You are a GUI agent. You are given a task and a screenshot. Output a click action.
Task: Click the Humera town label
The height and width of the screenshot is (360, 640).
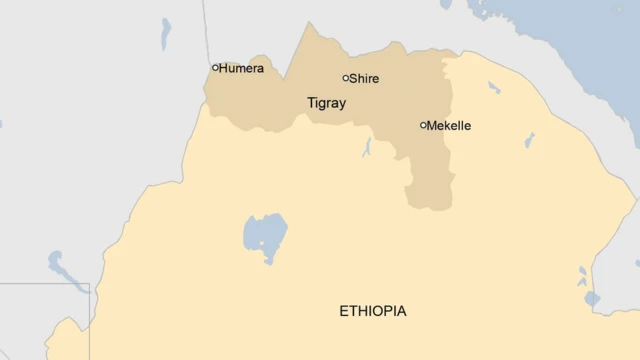click(243, 69)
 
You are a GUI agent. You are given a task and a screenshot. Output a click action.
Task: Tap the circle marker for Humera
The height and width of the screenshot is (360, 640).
click(215, 68)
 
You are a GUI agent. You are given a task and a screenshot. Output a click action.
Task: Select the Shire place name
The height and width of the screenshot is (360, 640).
click(364, 78)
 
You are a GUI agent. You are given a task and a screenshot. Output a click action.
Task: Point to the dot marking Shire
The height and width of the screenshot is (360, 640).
click(346, 78)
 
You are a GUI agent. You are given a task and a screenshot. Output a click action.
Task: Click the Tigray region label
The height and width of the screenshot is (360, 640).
click(325, 102)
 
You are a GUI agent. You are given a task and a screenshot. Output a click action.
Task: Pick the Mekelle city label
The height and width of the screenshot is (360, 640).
click(449, 126)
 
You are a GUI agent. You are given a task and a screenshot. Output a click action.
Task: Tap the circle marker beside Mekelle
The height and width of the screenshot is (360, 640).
click(424, 125)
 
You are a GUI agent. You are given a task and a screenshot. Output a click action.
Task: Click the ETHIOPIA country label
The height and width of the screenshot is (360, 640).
click(373, 311)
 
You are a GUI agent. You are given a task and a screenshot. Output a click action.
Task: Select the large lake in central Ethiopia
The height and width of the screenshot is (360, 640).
click(265, 236)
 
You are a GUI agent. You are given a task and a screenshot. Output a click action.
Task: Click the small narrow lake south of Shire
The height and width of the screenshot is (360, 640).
click(368, 149)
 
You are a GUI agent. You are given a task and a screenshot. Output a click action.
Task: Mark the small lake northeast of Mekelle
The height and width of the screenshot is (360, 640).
click(494, 88)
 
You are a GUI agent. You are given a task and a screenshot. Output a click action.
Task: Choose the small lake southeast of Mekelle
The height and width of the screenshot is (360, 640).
click(529, 140)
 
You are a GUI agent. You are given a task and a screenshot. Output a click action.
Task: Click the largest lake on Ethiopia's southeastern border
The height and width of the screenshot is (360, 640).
click(592, 298)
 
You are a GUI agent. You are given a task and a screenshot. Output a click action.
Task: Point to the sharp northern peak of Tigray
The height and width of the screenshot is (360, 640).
click(308, 24)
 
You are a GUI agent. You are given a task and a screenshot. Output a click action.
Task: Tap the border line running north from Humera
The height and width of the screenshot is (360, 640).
click(207, 30)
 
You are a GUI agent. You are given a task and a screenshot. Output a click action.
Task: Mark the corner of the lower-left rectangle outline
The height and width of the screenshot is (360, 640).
click(89, 285)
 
